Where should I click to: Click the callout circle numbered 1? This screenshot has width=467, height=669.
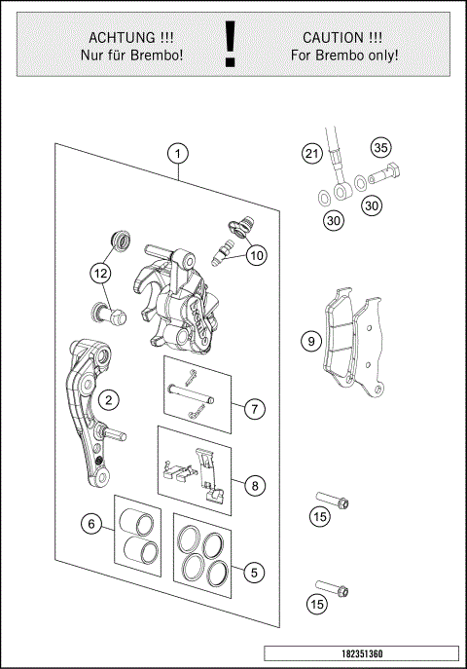pyautogui.click(x=179, y=153)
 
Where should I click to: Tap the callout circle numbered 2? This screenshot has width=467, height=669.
pyautogui.click(x=110, y=398)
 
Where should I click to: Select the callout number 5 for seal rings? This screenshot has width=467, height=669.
pyautogui.click(x=255, y=573)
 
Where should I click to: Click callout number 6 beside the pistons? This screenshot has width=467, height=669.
pyautogui.click(x=92, y=524)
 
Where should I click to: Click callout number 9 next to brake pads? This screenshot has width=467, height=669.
pyautogui.click(x=310, y=342)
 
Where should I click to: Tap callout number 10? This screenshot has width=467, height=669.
pyautogui.click(x=256, y=256)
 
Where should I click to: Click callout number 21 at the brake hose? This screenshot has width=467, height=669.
pyautogui.click(x=310, y=154)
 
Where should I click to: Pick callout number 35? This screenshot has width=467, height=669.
pyautogui.click(x=380, y=148)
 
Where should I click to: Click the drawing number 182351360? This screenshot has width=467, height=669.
pyautogui.click(x=360, y=654)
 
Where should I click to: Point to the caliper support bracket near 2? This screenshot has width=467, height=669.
pyautogui.click(x=86, y=409)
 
